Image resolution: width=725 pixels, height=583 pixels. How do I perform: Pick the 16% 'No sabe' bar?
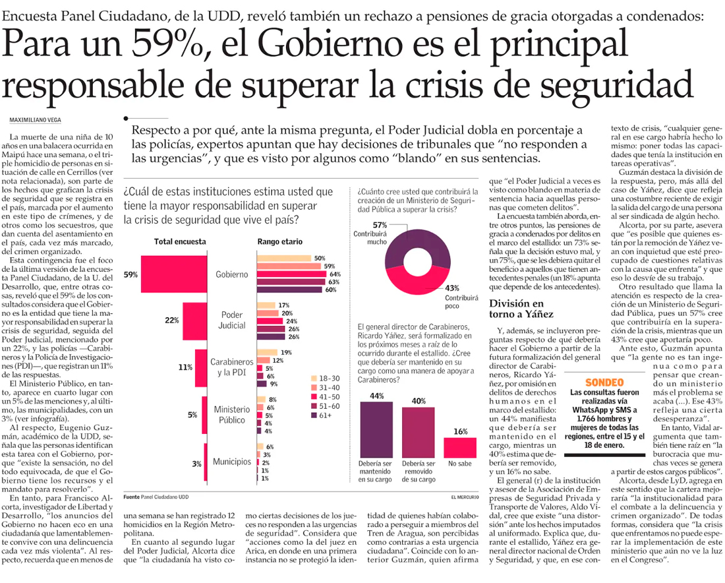pos(460,448)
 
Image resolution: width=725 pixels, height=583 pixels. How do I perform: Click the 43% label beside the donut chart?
pos(452,288)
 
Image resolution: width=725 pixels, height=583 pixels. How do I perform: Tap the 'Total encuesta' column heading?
pos(180,242)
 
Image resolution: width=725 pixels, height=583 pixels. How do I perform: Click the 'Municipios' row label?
pos(231,462)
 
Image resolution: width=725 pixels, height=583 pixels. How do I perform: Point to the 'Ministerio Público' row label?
pos(231,414)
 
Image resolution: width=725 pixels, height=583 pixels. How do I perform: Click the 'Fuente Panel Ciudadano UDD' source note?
pos(156,497)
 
